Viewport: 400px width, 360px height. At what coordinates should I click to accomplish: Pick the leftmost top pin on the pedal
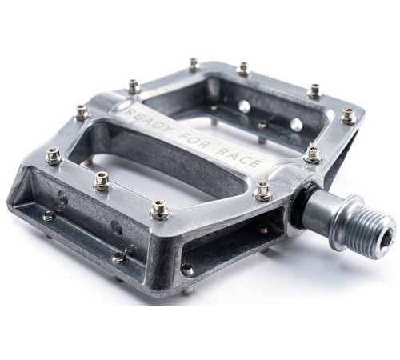(x=54, y=157)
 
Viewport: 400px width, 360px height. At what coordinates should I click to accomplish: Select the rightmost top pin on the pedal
(x=349, y=116)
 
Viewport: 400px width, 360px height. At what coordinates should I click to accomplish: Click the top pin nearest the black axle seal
(x=262, y=190)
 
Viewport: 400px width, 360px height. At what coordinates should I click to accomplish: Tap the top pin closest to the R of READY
(x=134, y=86)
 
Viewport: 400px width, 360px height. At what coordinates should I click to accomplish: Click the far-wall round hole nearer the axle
(x=295, y=125)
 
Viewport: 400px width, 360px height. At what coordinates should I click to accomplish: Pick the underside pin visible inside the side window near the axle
(x=263, y=230)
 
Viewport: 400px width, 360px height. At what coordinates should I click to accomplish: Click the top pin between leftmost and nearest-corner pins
(x=102, y=182)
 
